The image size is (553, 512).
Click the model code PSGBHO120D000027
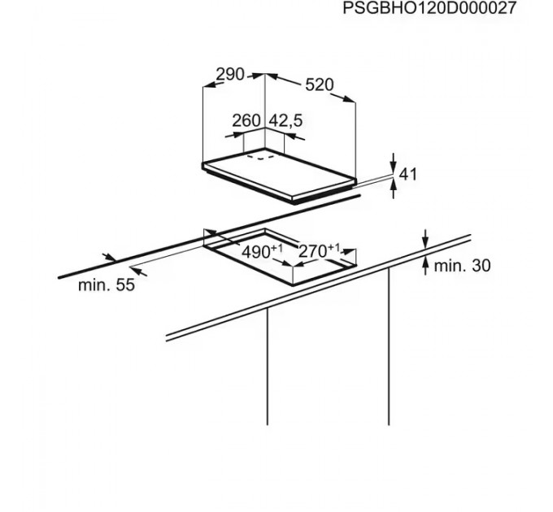(x=442, y=10)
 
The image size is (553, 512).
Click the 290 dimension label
(x=230, y=74)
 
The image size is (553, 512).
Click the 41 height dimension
(x=407, y=173)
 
